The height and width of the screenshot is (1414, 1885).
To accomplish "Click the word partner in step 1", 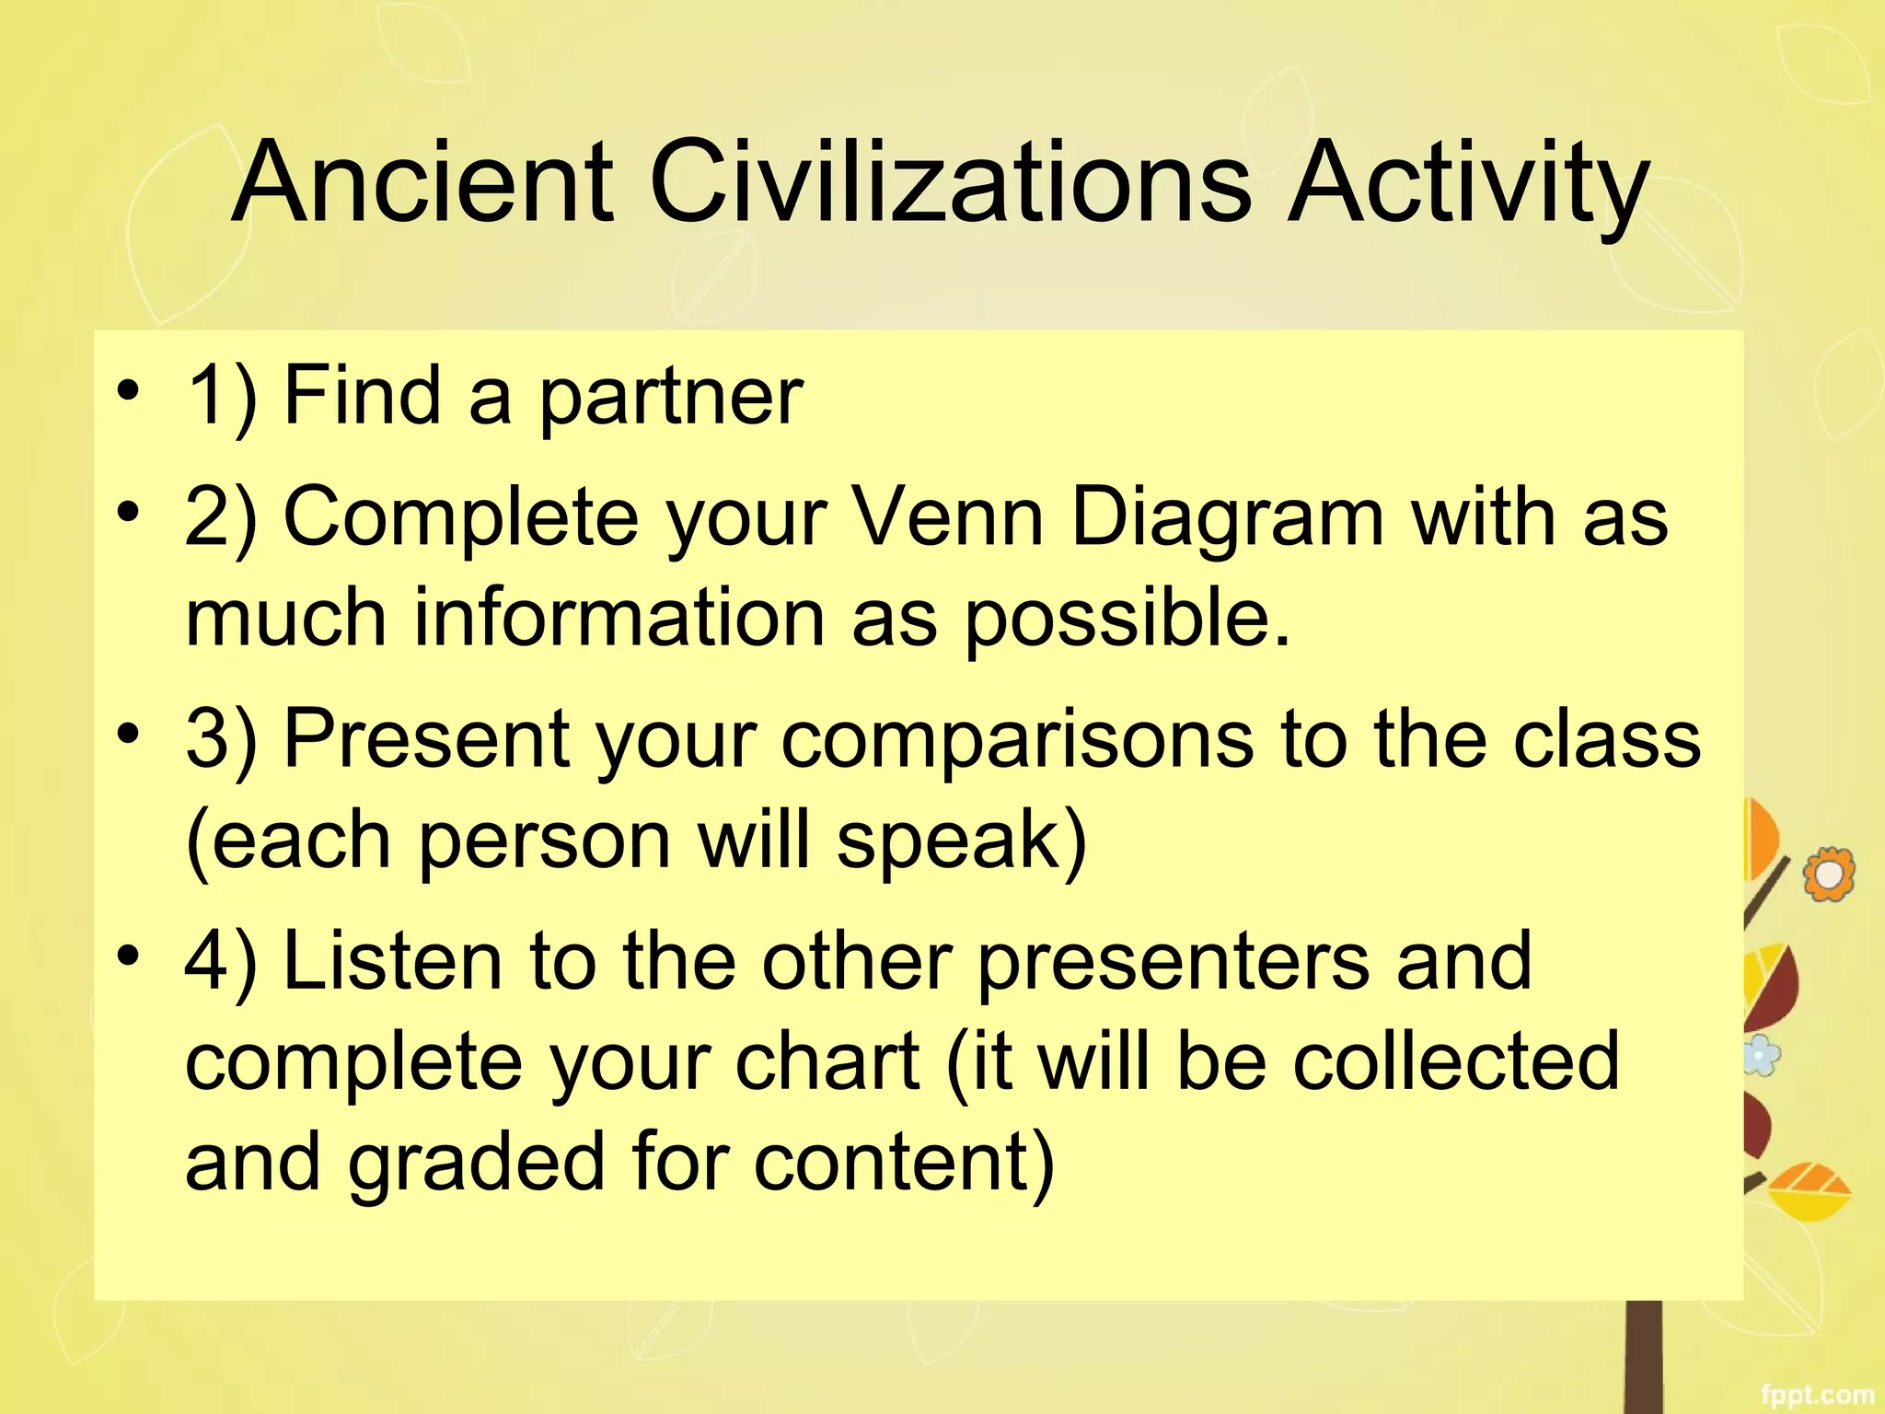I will click(670, 398).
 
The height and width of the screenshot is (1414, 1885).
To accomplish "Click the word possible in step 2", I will click(1125, 620).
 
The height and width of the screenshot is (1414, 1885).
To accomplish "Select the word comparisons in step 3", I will click(1016, 741).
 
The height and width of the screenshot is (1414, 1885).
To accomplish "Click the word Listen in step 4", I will click(392, 961).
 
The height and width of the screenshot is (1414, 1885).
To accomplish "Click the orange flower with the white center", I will click(1828, 875).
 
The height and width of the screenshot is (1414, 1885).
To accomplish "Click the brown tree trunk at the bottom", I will click(1644, 1358).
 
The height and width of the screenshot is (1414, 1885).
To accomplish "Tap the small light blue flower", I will click(1762, 1055).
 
